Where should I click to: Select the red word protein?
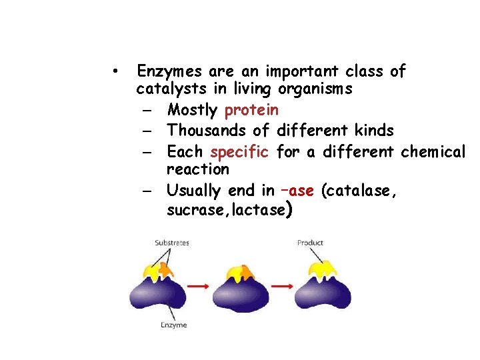(x=252, y=110)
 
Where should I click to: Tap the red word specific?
(x=239, y=151)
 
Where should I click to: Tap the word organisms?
(x=315, y=89)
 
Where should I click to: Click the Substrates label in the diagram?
(x=172, y=243)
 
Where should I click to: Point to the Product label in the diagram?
(x=310, y=243)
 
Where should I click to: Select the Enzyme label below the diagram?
(x=173, y=325)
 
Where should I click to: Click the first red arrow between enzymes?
(x=197, y=286)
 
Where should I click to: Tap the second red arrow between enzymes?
(x=282, y=286)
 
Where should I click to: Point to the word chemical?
(x=433, y=151)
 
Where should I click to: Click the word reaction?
(x=197, y=169)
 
